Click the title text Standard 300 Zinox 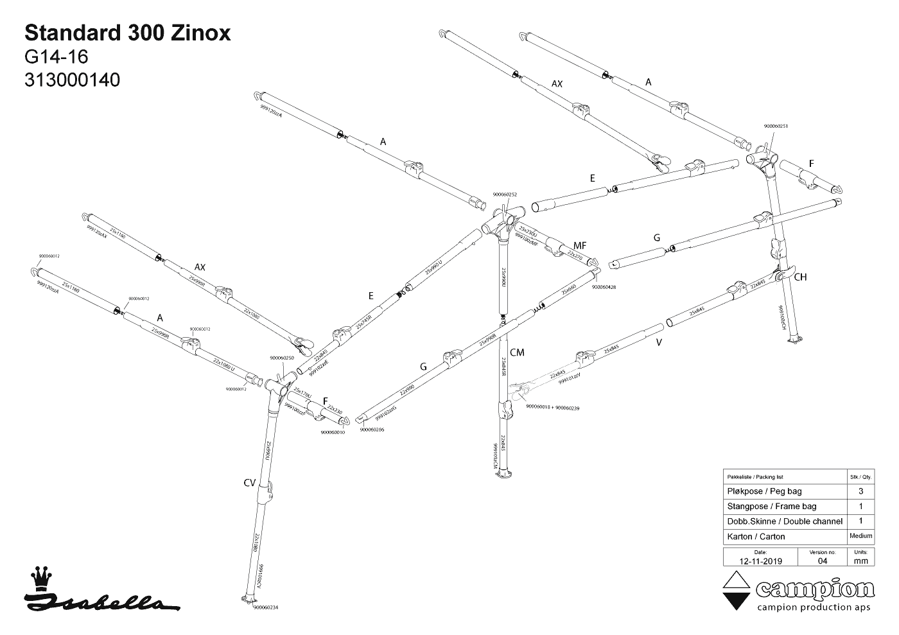coord(127,33)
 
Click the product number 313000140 coord(72,80)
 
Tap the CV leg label coord(250,483)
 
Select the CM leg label coord(517,352)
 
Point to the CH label coord(800,277)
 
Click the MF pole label coord(579,245)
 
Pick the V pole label coord(659,342)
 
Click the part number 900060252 coord(505,194)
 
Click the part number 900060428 coord(604,287)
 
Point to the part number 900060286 coord(372,430)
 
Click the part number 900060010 coord(333,432)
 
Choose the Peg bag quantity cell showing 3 coord(860,491)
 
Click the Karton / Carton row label coord(756,536)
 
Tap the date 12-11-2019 coord(760,561)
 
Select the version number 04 coord(823,561)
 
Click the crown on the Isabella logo coord(42,577)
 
